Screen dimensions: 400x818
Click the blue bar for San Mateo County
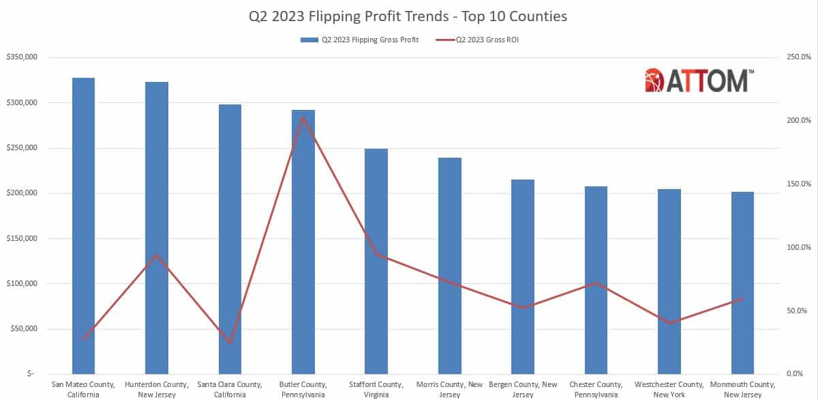(83, 225)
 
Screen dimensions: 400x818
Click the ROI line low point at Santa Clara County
(230, 343)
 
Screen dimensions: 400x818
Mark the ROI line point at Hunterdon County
(157, 255)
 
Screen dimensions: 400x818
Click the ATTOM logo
(699, 80)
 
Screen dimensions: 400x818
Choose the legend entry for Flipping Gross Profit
(360, 40)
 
